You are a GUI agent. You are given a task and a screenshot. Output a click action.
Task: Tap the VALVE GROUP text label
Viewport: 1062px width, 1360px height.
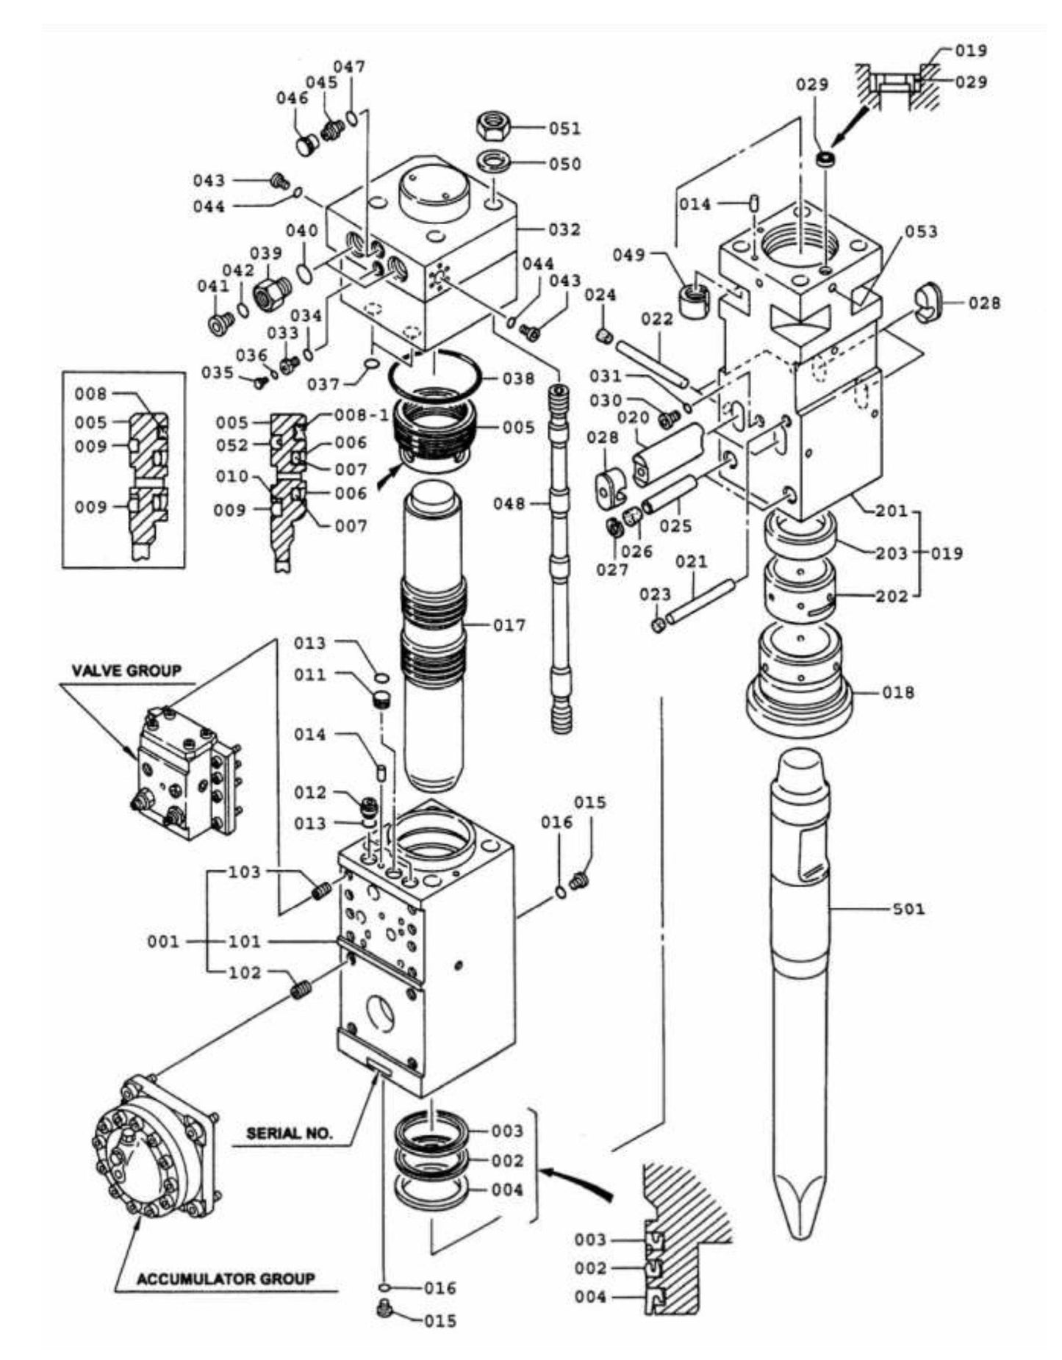126,670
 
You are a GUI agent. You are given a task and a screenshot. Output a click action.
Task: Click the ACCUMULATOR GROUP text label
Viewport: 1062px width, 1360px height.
225,1279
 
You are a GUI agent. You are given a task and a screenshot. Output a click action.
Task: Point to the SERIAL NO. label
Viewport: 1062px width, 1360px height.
289,1132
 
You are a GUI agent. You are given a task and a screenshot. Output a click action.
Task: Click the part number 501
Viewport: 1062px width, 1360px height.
908,909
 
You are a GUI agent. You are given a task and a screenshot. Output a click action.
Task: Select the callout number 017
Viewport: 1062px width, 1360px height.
509,625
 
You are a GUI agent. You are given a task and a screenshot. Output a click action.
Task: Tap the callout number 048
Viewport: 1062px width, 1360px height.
509,504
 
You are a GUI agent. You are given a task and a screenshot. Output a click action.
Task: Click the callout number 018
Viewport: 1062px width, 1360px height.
898,692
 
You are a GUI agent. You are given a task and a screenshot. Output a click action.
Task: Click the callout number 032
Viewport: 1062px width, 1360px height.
564,229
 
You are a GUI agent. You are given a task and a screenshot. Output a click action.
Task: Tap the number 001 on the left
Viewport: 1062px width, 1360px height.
163,941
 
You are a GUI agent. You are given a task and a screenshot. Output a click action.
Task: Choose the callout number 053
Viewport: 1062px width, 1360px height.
921,231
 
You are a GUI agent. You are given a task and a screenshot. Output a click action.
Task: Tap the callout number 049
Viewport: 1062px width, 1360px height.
631,255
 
